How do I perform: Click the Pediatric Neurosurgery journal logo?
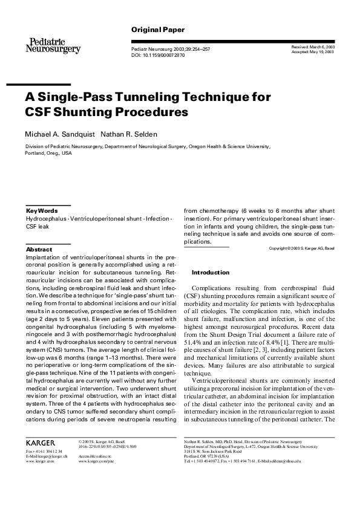tap(52, 45)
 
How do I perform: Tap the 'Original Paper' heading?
tap(157, 30)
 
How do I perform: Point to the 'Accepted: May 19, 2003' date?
tap(313, 53)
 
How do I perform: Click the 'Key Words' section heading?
tap(42, 210)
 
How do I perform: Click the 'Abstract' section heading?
tap(39, 249)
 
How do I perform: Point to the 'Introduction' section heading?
tap(211, 273)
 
